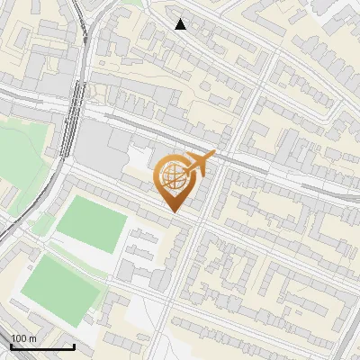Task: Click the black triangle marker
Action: coord(181,24)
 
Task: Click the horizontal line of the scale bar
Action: coord(42,346)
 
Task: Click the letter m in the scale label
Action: coord(33,338)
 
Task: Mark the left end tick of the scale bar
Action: coord(11,345)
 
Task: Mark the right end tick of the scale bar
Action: coord(74,345)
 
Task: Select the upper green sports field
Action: coord(90,225)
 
